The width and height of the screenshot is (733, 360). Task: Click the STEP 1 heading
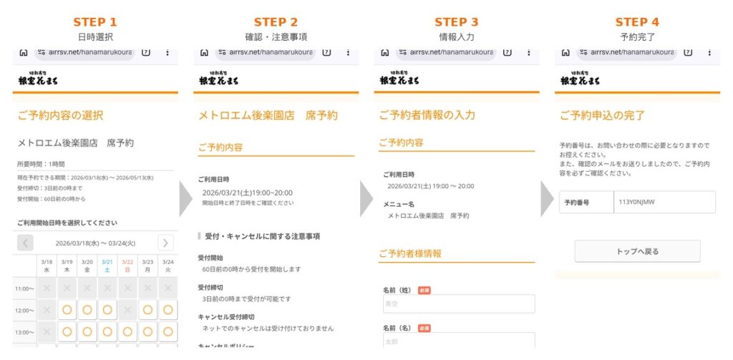[95, 22]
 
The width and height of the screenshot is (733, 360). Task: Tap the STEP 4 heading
[636, 22]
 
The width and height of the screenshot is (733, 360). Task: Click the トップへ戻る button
[637, 251]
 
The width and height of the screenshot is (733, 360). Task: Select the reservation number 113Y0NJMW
[637, 202]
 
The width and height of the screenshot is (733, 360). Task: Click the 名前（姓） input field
[458, 303]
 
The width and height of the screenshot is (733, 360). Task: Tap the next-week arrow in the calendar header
[165, 243]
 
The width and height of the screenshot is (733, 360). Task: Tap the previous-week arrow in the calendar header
[25, 243]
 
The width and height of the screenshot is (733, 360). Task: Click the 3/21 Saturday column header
[107, 266]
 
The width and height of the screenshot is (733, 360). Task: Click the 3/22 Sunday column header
[127, 266]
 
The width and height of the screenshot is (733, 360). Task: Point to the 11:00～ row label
[24, 288]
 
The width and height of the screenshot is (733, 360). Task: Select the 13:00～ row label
[24, 332]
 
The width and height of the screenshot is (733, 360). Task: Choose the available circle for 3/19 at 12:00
[67, 310]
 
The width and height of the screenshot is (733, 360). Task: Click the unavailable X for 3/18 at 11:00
[47, 288]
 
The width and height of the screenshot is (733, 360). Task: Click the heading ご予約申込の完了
[602, 115]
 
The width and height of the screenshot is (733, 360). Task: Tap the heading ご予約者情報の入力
[427, 115]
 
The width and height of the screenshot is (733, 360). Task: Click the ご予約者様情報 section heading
[409, 253]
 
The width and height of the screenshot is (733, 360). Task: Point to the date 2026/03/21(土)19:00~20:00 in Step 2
[247, 193]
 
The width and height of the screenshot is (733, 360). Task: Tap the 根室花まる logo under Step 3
[399, 79]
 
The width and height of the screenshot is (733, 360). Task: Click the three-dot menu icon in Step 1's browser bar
[167, 52]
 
